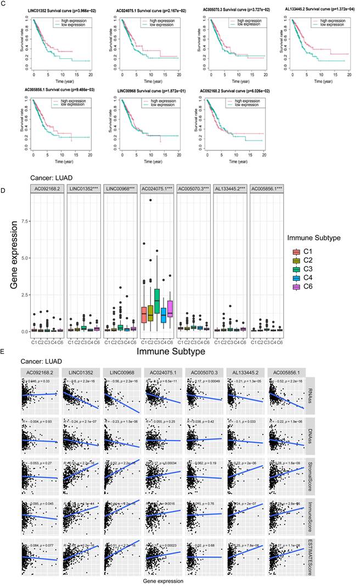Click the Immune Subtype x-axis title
156,349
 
